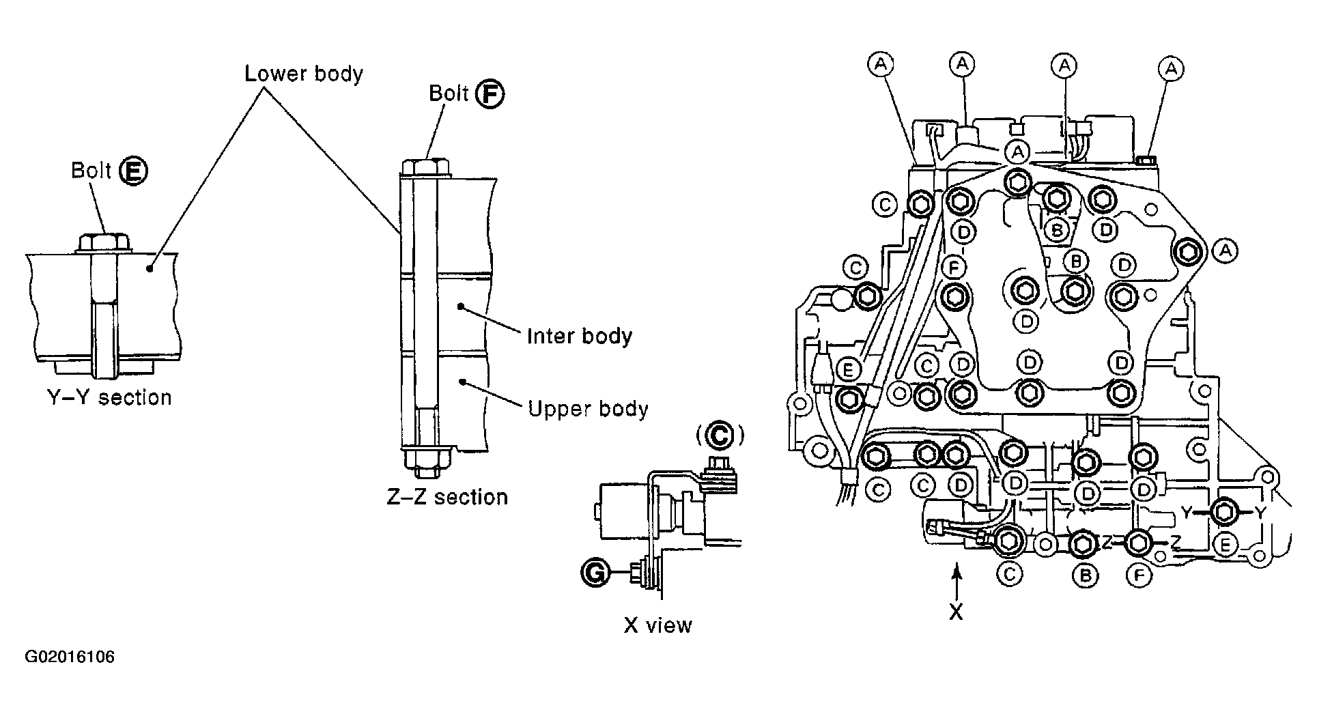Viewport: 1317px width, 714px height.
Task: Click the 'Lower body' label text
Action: (304, 73)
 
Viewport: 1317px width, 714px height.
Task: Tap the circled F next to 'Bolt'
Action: (490, 94)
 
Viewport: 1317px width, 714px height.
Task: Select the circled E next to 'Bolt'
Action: (132, 170)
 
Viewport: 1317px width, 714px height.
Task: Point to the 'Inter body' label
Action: (579, 336)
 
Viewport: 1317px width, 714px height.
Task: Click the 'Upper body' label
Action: (588, 409)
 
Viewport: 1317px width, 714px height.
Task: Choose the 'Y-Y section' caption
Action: (109, 397)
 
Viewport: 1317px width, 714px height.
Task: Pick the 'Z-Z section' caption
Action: (447, 496)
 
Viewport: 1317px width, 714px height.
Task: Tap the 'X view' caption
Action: (657, 625)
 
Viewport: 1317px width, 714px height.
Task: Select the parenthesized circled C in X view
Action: (719, 434)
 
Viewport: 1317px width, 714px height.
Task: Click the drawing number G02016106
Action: (70, 657)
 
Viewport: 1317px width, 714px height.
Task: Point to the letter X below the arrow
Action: (957, 612)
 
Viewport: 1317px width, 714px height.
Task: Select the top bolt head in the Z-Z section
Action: (425, 167)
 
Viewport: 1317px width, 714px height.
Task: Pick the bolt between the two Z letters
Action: (1138, 543)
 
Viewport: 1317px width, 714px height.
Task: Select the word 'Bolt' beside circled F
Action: (448, 94)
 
